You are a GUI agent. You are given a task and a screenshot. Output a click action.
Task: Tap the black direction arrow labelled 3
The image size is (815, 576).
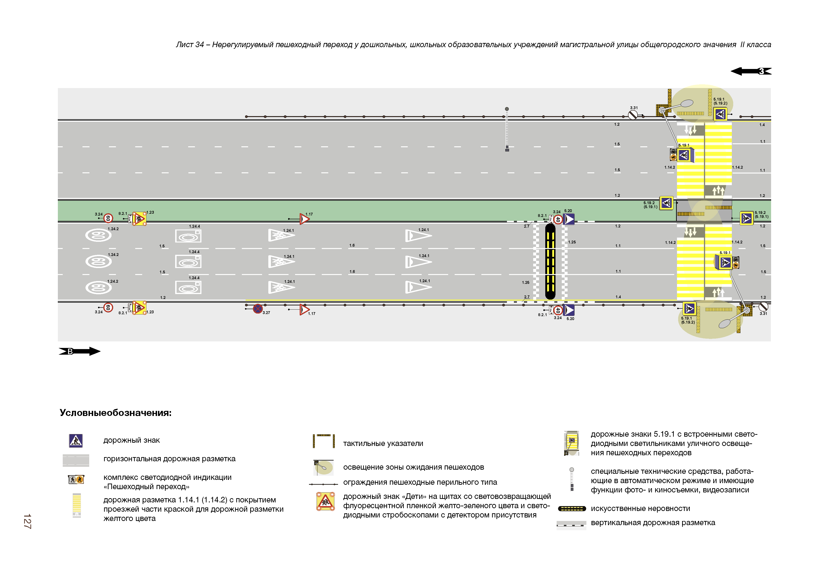(751, 71)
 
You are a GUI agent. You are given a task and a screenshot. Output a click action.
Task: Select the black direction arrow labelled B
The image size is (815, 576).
(79, 351)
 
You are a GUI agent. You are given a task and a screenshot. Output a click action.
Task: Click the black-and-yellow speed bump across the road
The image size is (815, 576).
(550, 262)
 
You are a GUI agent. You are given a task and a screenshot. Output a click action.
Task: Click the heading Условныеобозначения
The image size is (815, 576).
(115, 413)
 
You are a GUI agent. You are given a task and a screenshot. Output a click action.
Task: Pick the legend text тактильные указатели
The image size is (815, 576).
(383, 443)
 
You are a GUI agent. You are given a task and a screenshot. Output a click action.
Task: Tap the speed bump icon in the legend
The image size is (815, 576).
(572, 509)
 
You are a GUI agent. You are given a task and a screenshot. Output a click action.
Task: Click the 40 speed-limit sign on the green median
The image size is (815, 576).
(558, 220)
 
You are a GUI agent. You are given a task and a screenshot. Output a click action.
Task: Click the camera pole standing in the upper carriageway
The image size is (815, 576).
(507, 130)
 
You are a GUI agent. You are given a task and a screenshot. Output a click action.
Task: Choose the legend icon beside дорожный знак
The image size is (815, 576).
(76, 440)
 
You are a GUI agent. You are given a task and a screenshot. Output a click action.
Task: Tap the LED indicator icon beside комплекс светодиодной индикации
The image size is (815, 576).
(76, 479)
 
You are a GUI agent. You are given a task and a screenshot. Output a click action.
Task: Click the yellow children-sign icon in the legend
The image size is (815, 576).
(325, 501)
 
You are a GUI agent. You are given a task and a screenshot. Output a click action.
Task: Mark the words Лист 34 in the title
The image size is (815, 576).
(190, 45)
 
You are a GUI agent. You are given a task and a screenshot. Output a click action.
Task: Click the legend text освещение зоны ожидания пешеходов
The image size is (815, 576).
(413, 467)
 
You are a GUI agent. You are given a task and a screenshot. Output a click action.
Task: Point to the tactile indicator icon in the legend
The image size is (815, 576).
(323, 441)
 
